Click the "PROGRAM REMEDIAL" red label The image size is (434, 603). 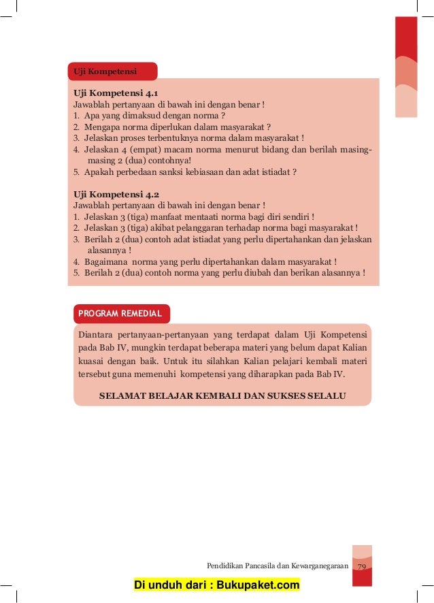(x=120, y=314)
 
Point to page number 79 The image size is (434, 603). (x=362, y=566)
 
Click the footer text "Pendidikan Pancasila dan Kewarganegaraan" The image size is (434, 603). (x=277, y=566)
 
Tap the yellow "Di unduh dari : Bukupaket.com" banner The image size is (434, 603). (x=217, y=585)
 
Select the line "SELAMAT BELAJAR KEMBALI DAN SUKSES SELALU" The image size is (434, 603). (x=223, y=395)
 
